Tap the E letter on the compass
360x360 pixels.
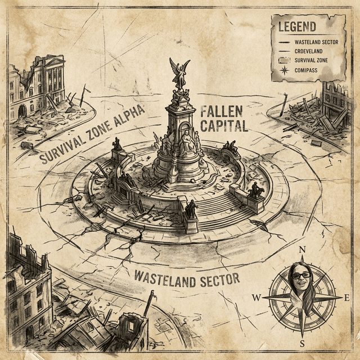(347, 297)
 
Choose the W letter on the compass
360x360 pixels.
(256, 297)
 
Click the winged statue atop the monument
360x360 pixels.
(179, 73)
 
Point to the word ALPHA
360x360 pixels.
(127, 116)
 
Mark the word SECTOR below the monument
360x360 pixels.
(218, 280)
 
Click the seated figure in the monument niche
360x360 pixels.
(188, 142)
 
